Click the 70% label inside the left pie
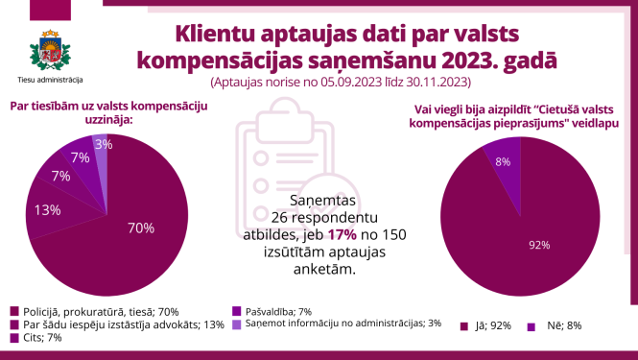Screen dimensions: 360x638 (141, 228)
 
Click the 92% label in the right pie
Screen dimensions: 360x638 (539, 245)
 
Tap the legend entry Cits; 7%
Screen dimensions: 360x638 (41, 337)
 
